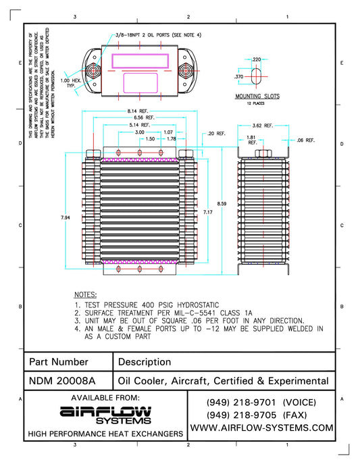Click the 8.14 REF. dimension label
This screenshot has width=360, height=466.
tap(138, 110)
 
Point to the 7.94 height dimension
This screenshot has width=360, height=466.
tap(66, 217)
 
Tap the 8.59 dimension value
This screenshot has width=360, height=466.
tap(215, 203)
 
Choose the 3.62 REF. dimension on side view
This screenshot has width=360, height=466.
tap(263, 126)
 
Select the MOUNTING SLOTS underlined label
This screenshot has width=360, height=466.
tap(257, 97)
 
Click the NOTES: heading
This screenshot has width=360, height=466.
tap(86, 295)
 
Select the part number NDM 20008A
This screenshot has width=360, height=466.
tap(63, 380)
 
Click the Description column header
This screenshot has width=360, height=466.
tap(145, 362)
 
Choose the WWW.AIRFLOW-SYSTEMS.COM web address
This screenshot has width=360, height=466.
tap(262, 428)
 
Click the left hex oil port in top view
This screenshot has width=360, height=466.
tap(92, 70)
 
